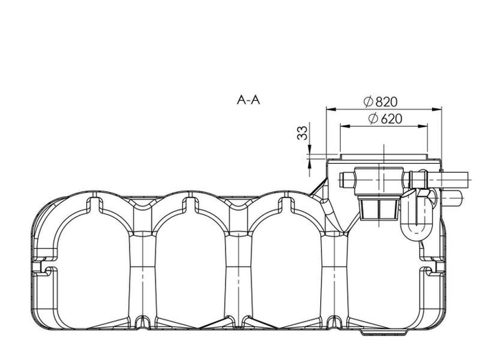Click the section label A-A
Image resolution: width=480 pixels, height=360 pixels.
(248, 100)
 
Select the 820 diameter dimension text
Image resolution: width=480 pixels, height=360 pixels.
(386, 102)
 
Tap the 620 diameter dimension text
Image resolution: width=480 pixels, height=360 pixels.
(391, 119)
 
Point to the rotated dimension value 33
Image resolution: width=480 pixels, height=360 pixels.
(302, 132)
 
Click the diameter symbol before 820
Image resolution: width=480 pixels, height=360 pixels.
(369, 101)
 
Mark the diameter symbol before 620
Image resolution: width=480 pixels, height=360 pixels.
(374, 119)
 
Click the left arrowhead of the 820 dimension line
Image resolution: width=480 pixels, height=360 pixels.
(331, 109)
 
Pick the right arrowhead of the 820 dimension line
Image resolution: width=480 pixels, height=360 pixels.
(437, 109)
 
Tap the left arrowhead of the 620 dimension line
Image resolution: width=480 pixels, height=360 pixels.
(345, 125)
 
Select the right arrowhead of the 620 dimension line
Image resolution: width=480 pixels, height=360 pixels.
(423, 125)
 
